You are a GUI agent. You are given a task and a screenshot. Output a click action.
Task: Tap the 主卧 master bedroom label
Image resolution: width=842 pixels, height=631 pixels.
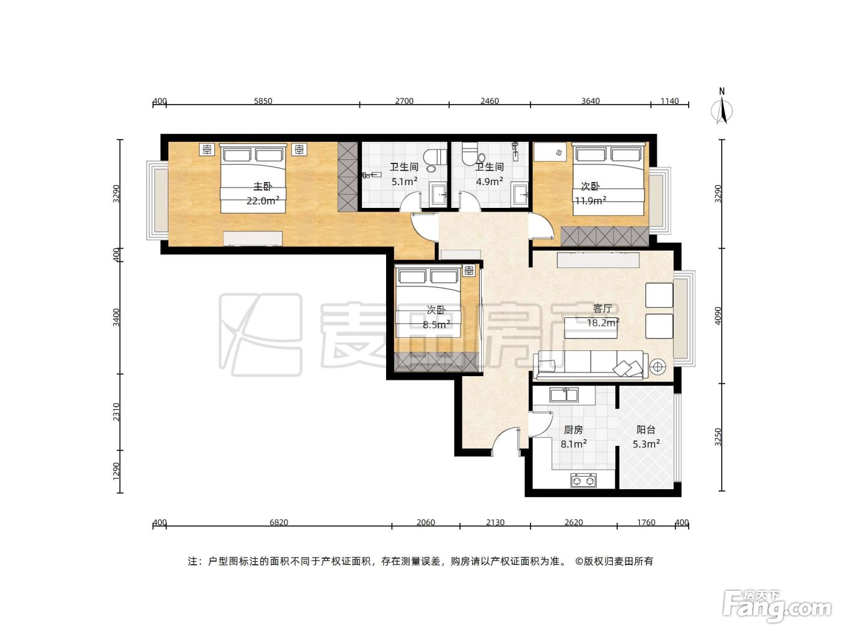tap(263, 186)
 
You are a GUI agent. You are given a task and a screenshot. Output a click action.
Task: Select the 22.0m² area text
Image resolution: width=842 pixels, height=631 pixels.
tap(263, 200)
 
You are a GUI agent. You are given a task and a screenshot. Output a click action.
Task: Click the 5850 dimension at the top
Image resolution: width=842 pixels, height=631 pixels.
tap(263, 101)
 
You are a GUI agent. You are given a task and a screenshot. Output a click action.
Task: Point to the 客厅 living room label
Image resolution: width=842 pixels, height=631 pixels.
tap(602, 308)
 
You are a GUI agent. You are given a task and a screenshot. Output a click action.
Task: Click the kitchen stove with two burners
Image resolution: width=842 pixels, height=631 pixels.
tap(583, 480)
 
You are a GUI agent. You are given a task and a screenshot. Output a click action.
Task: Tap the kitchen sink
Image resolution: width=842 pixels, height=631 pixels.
tap(564, 395)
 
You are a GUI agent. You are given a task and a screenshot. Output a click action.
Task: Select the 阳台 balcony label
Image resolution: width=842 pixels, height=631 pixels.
tap(645, 430)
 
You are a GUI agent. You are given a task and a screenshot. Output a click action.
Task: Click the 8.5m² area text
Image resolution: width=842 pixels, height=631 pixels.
tap(436, 325)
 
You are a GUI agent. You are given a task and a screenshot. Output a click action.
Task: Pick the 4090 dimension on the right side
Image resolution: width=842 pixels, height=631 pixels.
tap(718, 315)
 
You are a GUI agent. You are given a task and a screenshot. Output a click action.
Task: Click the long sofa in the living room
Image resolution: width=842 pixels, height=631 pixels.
tap(591, 365)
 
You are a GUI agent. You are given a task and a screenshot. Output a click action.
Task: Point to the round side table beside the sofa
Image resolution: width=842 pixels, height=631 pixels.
tap(658, 367)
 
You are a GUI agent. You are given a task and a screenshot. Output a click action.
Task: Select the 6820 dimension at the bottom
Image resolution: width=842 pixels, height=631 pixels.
tap(278, 522)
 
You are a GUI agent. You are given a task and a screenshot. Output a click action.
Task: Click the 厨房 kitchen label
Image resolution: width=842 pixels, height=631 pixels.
tap(573, 430)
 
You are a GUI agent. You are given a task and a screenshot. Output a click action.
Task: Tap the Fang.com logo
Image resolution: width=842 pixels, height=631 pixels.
tap(776, 605)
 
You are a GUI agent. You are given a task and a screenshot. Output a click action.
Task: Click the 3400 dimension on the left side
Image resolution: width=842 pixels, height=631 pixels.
tap(116, 317)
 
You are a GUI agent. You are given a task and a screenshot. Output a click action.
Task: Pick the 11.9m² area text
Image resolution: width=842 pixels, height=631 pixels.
tap(591, 200)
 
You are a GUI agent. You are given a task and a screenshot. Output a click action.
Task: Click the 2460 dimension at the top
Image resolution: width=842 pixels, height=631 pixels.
tap(490, 101)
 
